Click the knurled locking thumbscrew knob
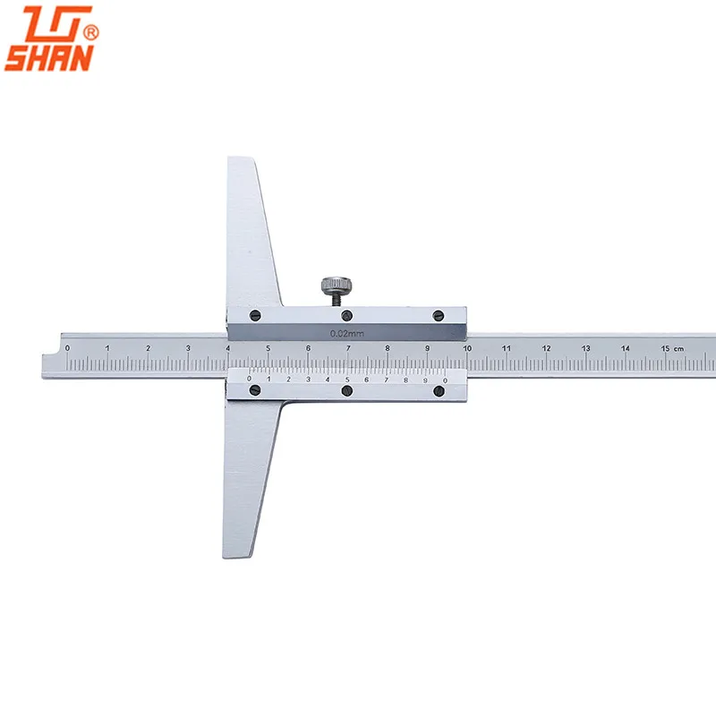[x=333, y=286]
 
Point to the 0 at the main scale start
[x=67, y=347]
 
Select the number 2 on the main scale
[x=148, y=347]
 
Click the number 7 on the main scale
[x=347, y=347]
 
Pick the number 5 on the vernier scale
[x=347, y=379]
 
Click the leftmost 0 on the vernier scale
[x=250, y=378]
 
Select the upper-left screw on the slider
[x=255, y=314]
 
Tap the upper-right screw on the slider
[x=438, y=315]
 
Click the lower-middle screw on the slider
[x=347, y=391]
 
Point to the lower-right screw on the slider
[x=439, y=391]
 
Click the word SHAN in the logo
[x=49, y=58]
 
